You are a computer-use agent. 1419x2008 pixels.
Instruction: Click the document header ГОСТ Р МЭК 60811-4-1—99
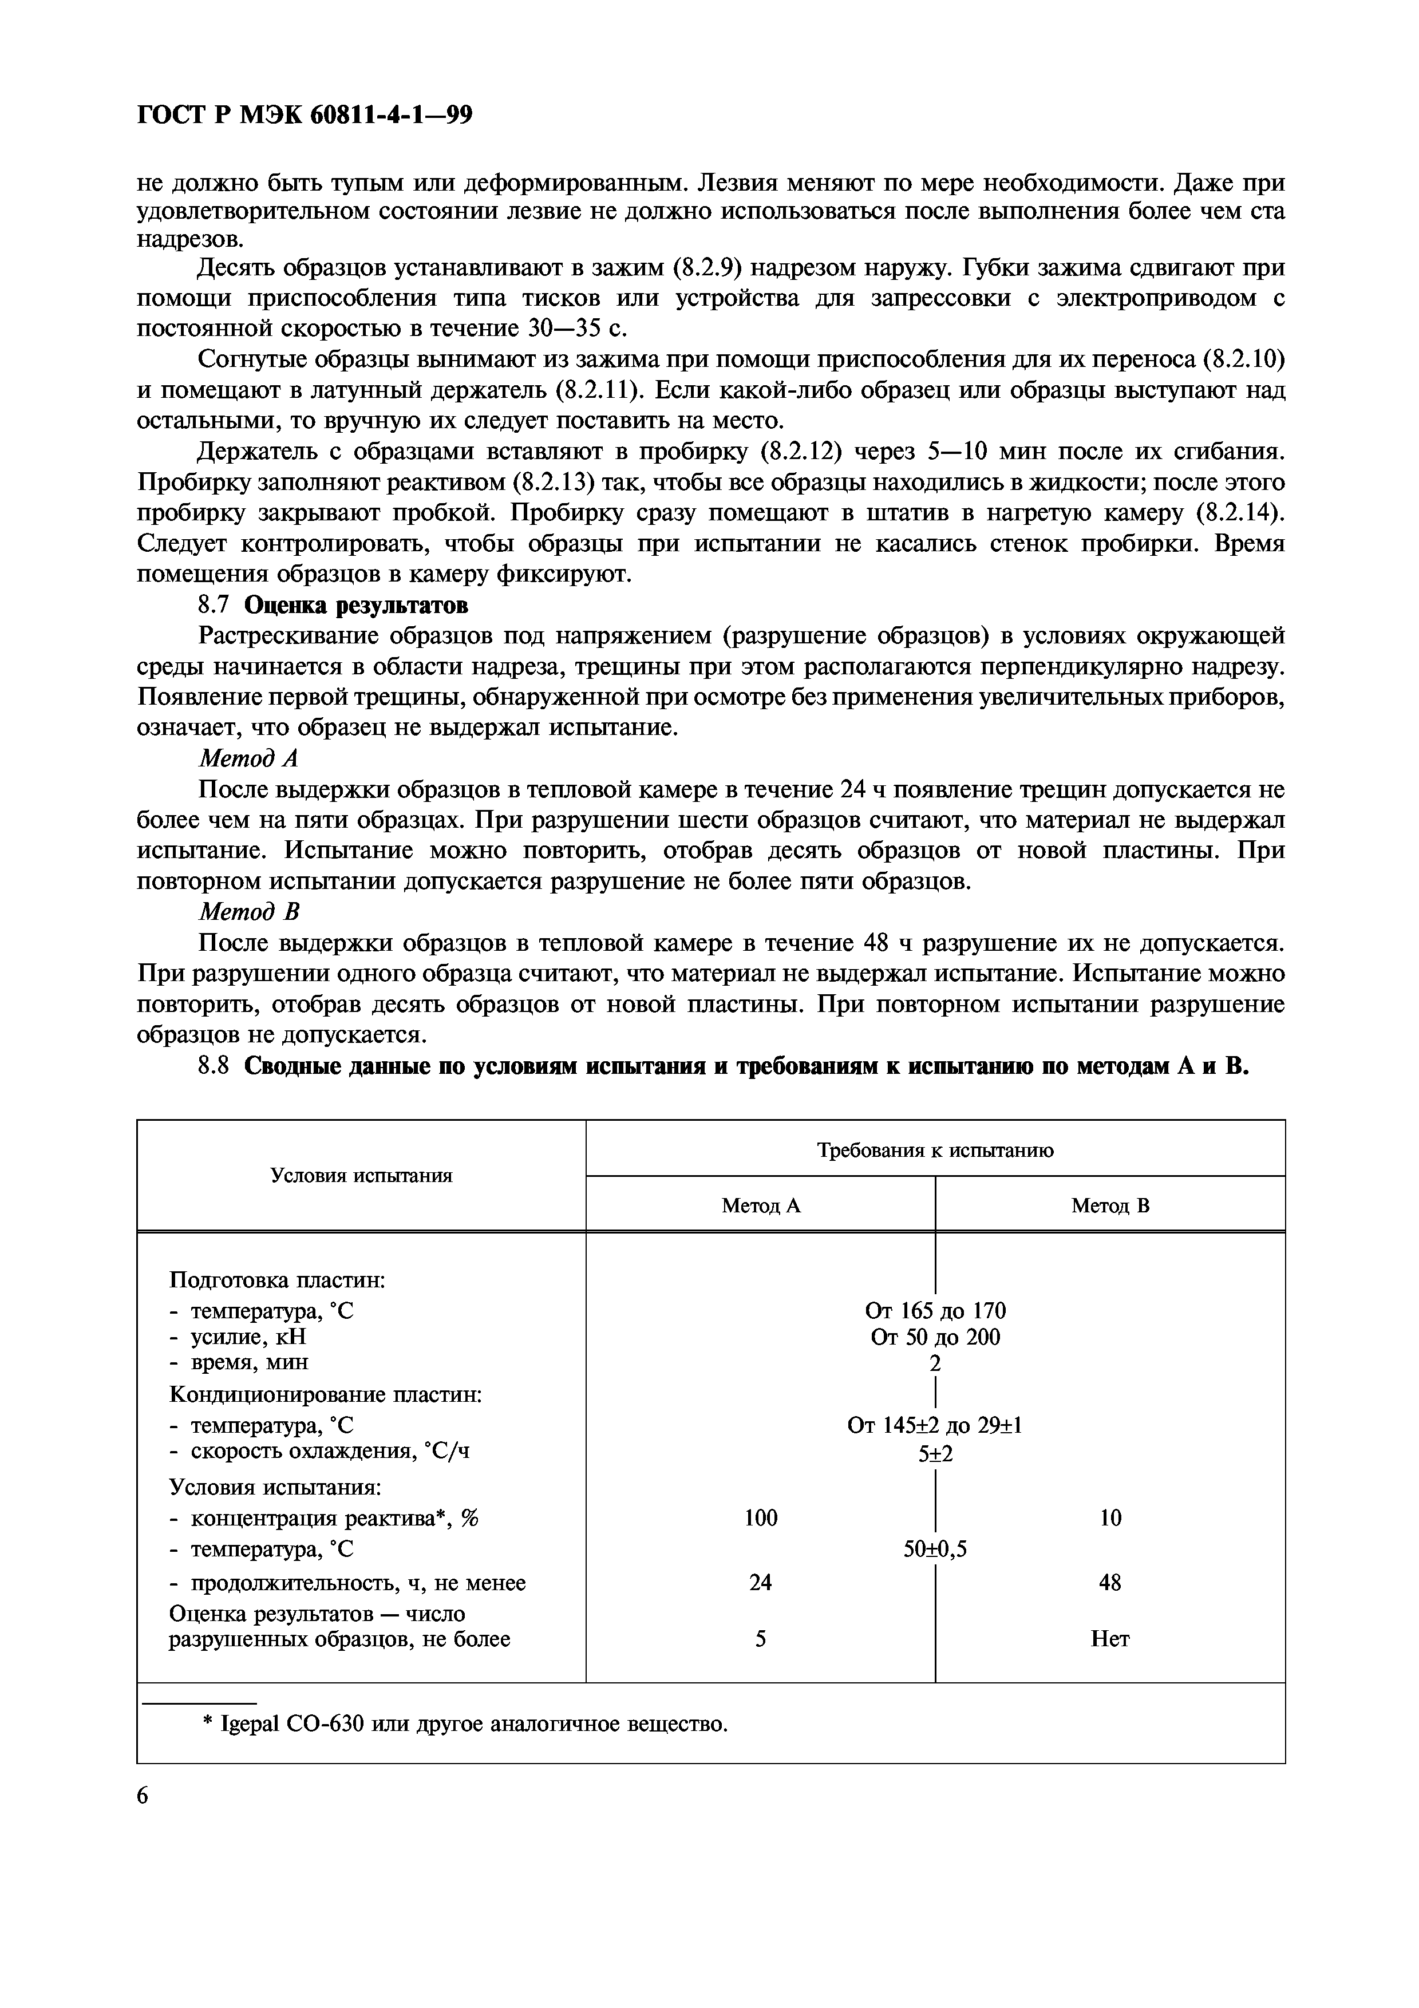[305, 116]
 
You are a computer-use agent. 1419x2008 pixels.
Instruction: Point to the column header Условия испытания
[361, 1175]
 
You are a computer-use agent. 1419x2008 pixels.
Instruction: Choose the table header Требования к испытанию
[935, 1150]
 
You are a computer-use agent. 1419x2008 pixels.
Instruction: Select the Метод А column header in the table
[761, 1206]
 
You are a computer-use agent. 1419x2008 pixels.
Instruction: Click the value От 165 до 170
[935, 1310]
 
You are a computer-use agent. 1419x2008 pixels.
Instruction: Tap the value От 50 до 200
[935, 1337]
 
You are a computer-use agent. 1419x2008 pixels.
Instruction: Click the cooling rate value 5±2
[935, 1453]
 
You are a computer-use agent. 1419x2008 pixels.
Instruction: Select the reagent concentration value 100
[761, 1517]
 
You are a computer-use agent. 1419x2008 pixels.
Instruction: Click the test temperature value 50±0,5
[935, 1550]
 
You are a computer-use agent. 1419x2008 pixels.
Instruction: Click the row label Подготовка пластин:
[277, 1280]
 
